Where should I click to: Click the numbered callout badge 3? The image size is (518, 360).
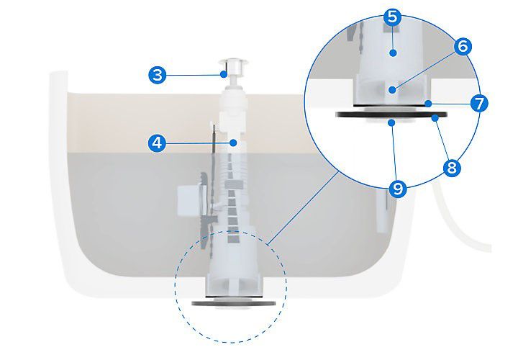(158, 75)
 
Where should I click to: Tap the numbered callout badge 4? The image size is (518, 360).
(157, 143)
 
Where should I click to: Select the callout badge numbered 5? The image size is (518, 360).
(393, 17)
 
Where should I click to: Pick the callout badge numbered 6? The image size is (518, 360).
(463, 46)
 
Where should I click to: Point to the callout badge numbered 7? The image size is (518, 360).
(479, 104)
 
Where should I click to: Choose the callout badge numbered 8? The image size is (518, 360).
(451, 167)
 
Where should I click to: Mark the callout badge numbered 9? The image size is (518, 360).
(397, 189)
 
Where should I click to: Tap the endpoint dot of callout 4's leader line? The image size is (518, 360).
(233, 143)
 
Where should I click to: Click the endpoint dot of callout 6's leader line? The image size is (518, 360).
(392, 89)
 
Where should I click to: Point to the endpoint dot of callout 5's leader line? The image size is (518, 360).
(393, 53)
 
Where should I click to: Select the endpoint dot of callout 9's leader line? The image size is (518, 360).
(392, 123)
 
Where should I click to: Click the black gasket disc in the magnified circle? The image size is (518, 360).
(391, 114)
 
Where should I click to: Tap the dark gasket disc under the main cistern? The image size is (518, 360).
(234, 303)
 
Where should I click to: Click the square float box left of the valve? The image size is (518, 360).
(188, 201)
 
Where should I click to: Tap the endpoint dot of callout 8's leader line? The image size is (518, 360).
(435, 117)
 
